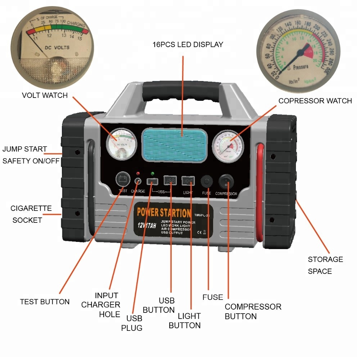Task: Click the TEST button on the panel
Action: tap(123, 179)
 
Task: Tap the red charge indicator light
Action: tap(138, 174)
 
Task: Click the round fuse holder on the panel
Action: tap(206, 181)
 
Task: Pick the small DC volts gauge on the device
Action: tap(122, 145)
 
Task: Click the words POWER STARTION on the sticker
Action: tap(164, 212)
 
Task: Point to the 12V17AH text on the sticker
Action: tap(146, 226)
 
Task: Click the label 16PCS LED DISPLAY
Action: tap(188, 45)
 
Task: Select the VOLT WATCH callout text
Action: tap(45, 95)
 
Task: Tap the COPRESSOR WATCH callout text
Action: tap(315, 101)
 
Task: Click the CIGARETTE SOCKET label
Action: tap(31, 214)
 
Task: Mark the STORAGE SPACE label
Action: tap(325, 265)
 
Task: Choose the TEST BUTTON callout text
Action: tap(45, 302)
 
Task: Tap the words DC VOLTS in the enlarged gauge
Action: tap(57, 47)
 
